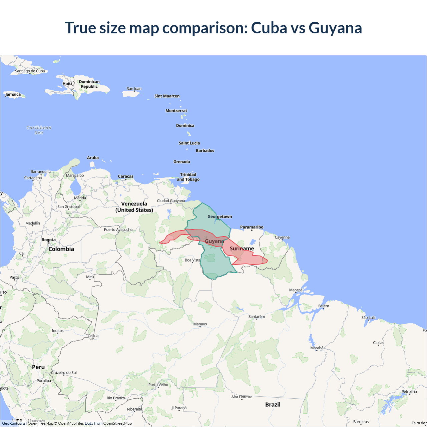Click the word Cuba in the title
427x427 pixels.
[x=269, y=28]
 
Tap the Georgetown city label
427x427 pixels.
[x=220, y=217]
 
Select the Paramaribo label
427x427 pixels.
[x=252, y=227]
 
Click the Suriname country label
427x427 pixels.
[x=242, y=249]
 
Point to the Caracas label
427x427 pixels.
[x=125, y=176]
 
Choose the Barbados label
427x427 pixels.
[x=205, y=151]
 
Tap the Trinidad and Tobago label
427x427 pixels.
[x=188, y=177]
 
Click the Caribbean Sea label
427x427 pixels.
[x=39, y=130]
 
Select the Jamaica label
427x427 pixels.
[x=13, y=94]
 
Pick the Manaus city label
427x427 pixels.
[x=200, y=324]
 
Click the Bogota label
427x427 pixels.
[x=49, y=240]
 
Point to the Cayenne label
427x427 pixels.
[x=282, y=238]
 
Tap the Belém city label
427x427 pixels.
[x=324, y=306]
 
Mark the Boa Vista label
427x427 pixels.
[x=192, y=260]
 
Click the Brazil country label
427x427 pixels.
[x=273, y=405]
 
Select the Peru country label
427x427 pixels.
[x=38, y=367]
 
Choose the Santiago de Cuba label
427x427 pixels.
[x=30, y=71]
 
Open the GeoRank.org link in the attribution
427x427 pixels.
[x=13, y=423]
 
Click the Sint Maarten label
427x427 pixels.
[x=167, y=96]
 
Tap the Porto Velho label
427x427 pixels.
[x=158, y=385]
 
